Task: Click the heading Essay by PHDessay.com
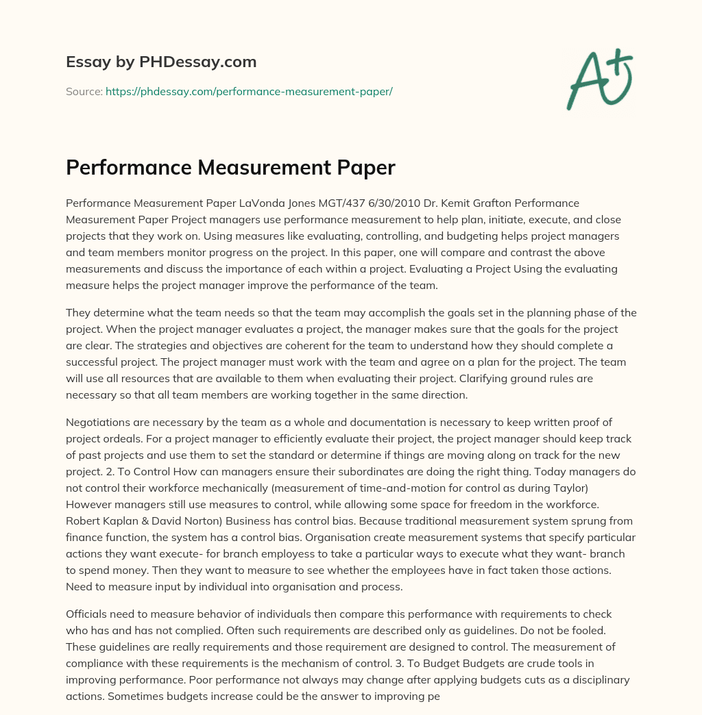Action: (161, 62)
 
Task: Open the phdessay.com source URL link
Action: (249, 90)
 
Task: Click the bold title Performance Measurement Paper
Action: (230, 168)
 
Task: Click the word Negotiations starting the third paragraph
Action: (99, 422)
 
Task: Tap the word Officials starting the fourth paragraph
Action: (88, 614)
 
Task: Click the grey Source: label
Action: (84, 90)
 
